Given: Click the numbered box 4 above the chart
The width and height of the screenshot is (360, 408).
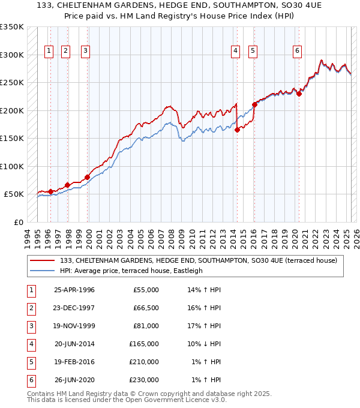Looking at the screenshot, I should click(236, 51).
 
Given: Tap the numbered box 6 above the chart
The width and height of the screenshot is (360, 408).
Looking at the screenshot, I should click(297, 51).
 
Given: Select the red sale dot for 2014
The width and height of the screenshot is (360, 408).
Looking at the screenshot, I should click(237, 130).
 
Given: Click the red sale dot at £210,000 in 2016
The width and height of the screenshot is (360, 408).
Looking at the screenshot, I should click(254, 104).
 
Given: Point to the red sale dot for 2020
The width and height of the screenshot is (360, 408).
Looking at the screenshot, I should click(299, 93).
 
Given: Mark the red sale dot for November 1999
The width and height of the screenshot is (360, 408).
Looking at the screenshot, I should click(87, 177).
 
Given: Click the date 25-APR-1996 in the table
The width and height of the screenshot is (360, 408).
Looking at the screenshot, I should click(74, 290).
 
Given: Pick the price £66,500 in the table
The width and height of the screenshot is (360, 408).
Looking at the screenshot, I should click(146, 308).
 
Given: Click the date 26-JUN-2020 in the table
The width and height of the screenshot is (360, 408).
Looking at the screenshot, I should click(74, 380).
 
